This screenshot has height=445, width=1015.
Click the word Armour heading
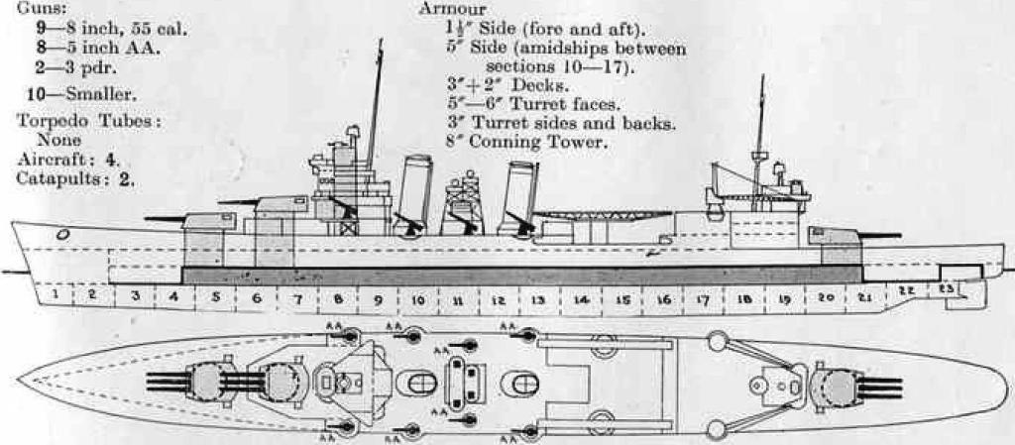click(x=452, y=8)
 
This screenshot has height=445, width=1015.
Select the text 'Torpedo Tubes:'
click(x=89, y=121)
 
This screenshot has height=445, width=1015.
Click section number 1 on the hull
click(x=56, y=295)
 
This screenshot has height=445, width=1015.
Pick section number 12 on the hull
click(x=499, y=300)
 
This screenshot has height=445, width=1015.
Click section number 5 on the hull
click(x=215, y=298)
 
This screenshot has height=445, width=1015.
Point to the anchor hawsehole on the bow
click(x=62, y=234)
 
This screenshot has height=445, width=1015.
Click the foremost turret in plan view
click(x=207, y=383)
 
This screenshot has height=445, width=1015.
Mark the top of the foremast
click(x=381, y=40)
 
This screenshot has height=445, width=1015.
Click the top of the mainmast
click(x=762, y=76)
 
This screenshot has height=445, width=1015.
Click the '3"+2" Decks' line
click(x=506, y=85)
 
